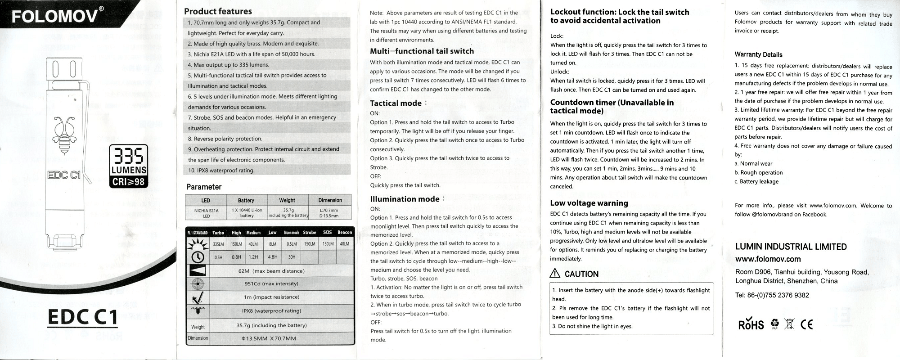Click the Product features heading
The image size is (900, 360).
coord(218,11)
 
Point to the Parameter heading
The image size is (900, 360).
coord(204,187)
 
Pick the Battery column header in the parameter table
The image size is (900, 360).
coord(246,200)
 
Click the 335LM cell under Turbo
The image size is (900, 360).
coord(218,244)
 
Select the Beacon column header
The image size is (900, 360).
coord(345,233)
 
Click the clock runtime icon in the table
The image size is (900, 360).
coord(198,257)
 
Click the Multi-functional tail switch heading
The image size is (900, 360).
coord(422,51)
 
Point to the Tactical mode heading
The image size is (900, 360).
coord(396,103)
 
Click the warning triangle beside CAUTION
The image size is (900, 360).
coord(555,274)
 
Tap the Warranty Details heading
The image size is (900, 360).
coord(758,54)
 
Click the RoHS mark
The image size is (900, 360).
coord(751,324)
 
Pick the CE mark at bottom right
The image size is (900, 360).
coord(806,324)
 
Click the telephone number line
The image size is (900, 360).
coord(772,295)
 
